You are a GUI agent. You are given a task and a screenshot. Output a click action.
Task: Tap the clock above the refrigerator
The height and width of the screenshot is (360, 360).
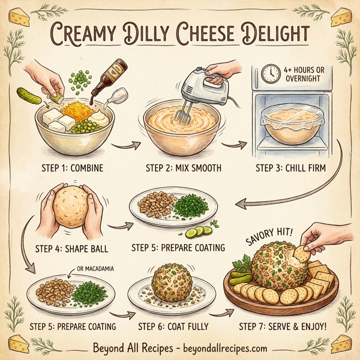[x=271, y=73]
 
